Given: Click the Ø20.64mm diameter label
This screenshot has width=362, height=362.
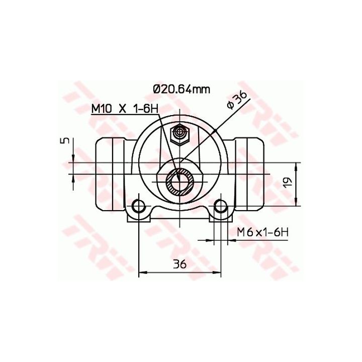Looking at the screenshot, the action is (182, 89).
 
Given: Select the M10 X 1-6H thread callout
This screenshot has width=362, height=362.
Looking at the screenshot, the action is (125, 109).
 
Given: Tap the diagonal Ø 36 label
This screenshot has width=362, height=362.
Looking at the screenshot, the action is (237, 100).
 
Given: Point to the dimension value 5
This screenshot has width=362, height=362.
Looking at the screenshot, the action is (66, 140).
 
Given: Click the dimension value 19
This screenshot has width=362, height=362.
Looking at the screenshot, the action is (289, 183).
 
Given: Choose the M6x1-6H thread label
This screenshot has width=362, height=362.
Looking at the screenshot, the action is (263, 232).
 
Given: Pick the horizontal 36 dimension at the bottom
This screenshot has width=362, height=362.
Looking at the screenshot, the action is (179, 264).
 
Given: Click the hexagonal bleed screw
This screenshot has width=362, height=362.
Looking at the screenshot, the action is (179, 135).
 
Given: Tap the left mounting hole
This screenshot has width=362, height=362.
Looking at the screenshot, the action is (138, 206).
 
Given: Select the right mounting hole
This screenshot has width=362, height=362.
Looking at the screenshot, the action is (221, 206).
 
